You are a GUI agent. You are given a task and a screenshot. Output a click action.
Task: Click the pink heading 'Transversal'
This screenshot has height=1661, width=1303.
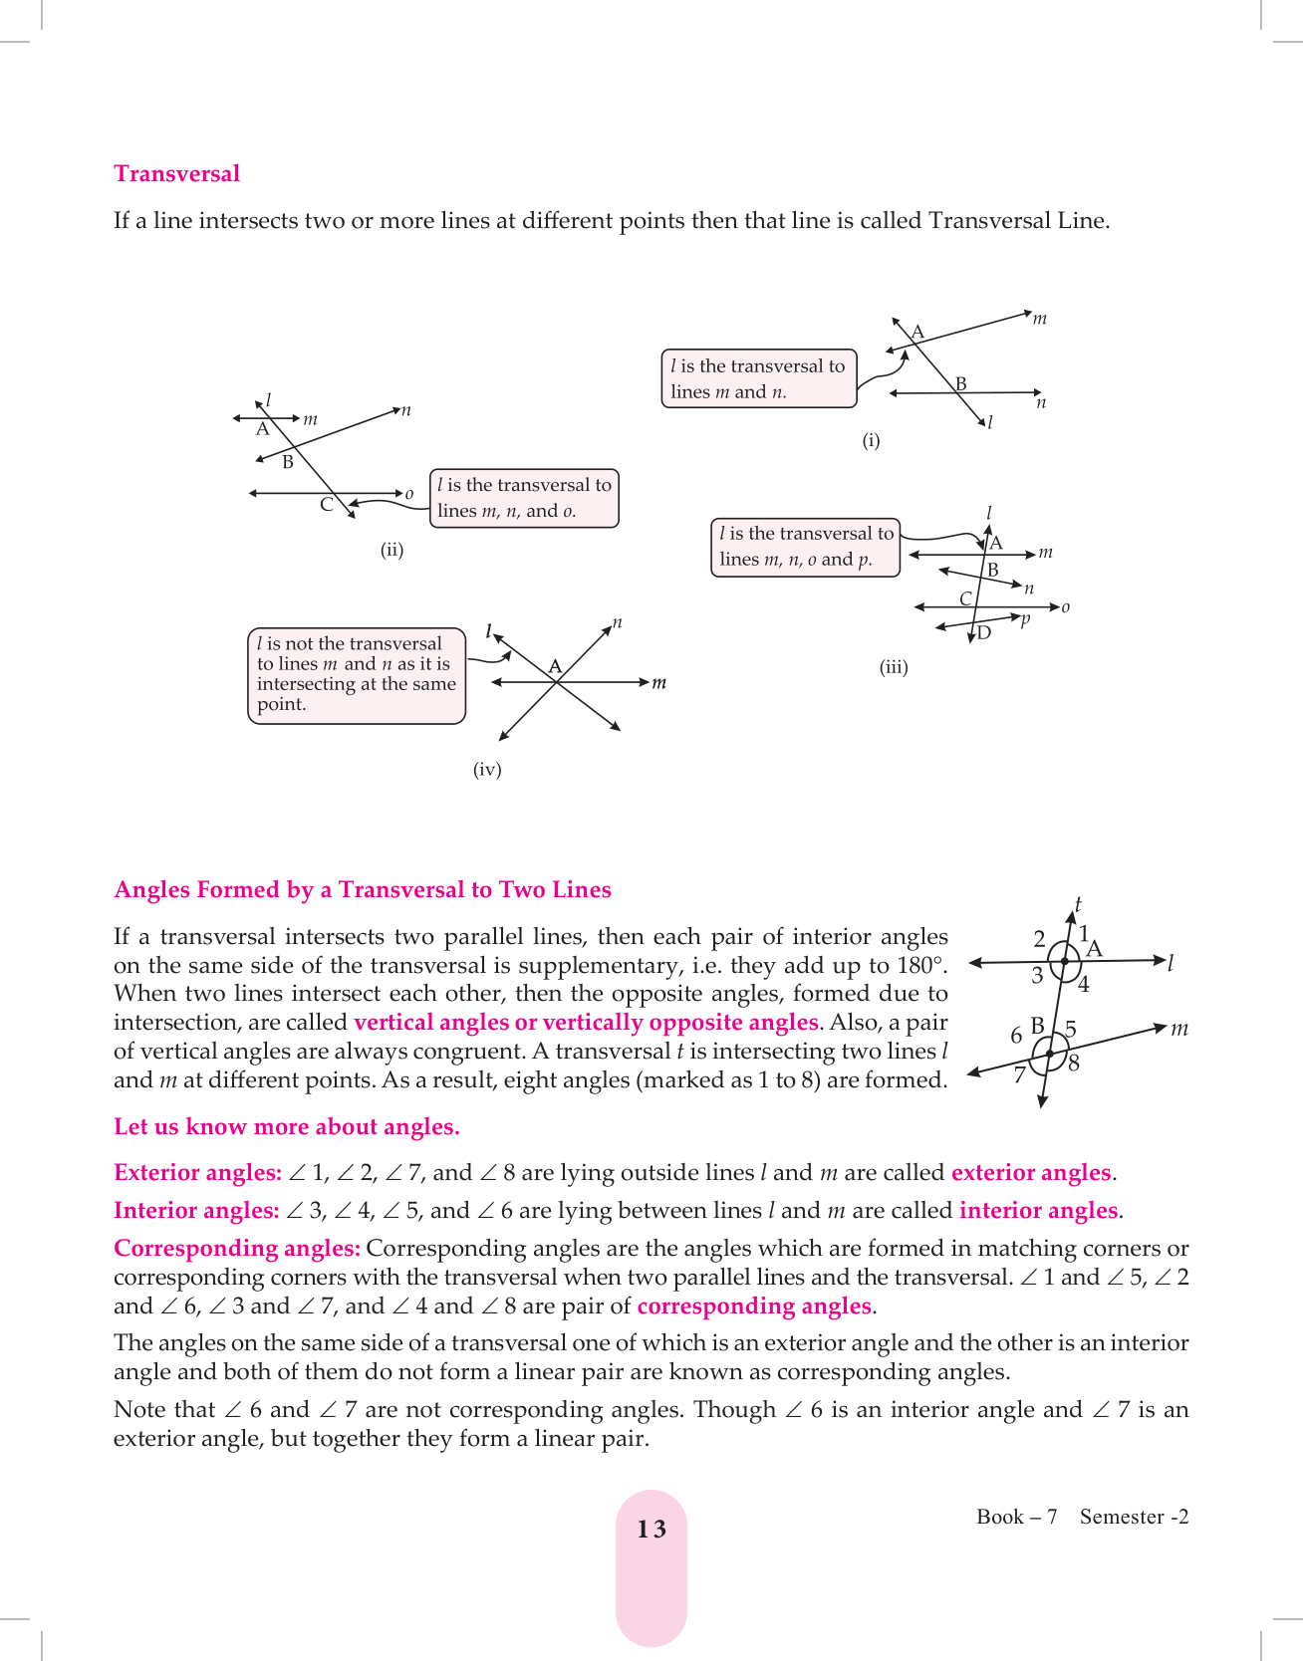click(x=176, y=173)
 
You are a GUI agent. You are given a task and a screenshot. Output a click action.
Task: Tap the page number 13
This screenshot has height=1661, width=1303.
click(x=651, y=1530)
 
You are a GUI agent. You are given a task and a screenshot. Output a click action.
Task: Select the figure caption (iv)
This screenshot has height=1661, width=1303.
click(x=487, y=769)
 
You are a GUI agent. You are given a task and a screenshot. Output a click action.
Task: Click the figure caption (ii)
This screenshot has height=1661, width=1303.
click(x=391, y=550)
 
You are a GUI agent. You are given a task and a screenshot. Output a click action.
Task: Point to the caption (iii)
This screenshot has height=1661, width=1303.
click(x=894, y=667)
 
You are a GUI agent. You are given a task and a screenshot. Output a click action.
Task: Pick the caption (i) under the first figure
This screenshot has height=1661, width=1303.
click(x=871, y=440)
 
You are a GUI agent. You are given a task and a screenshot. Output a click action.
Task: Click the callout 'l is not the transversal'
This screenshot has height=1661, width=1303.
click(x=356, y=674)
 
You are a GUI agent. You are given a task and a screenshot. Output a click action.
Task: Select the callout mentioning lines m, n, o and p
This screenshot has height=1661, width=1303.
click(x=805, y=547)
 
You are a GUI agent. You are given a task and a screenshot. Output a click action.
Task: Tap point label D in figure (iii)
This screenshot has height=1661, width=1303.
click(x=984, y=632)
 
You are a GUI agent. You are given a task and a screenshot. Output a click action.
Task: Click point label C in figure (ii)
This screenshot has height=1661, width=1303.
click(x=326, y=505)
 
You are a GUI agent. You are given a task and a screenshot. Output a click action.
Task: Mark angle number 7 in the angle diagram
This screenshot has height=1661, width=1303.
click(x=1019, y=1074)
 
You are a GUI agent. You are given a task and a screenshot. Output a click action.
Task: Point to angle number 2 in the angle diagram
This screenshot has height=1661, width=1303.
click(x=1039, y=939)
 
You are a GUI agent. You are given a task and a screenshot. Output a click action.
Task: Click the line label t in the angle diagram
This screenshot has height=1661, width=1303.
click(x=1078, y=904)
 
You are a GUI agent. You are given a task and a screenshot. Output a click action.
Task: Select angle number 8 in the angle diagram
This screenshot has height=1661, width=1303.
click(x=1074, y=1063)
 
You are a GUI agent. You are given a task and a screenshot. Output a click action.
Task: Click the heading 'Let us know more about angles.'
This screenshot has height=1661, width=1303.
click(x=287, y=1126)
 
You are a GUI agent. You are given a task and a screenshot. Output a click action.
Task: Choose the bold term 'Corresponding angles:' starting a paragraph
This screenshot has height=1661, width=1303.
click(x=237, y=1248)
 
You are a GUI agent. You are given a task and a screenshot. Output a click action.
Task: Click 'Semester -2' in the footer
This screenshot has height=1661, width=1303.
click(x=1134, y=1517)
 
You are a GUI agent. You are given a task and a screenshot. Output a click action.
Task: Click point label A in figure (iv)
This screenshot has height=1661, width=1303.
click(x=555, y=666)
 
